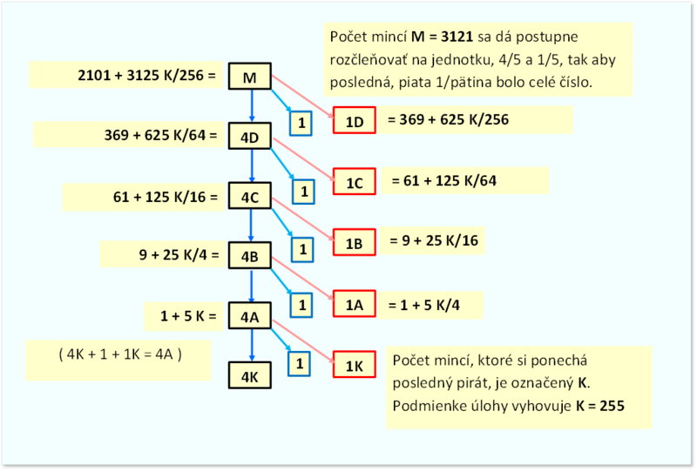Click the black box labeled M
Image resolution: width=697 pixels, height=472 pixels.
[250, 77]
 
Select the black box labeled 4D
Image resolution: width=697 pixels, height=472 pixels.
[250, 136]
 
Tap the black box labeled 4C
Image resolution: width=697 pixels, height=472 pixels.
[250, 196]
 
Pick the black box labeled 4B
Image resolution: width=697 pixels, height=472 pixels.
[250, 255]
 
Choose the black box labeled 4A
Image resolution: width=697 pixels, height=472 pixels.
[250, 315]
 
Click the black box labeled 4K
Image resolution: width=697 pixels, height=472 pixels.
[250, 375]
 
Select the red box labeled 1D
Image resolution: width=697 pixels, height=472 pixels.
[355, 120]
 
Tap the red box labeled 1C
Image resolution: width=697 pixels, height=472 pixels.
[355, 181]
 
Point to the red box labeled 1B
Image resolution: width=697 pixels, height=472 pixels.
[355, 242]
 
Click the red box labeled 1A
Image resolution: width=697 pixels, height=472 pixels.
[355, 304]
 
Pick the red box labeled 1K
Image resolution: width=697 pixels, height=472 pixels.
[355, 364]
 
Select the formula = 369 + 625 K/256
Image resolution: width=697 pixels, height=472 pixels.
[448, 119]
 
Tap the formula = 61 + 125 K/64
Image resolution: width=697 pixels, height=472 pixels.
[444, 181]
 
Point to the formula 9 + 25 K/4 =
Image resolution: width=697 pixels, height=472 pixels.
[179, 255]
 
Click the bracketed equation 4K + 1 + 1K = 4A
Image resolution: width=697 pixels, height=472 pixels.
[120, 354]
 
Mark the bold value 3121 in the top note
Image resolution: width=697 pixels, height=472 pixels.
[457, 37]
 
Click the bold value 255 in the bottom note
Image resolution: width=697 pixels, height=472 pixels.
[612, 406]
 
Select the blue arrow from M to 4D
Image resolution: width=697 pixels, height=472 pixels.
[252, 106]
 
